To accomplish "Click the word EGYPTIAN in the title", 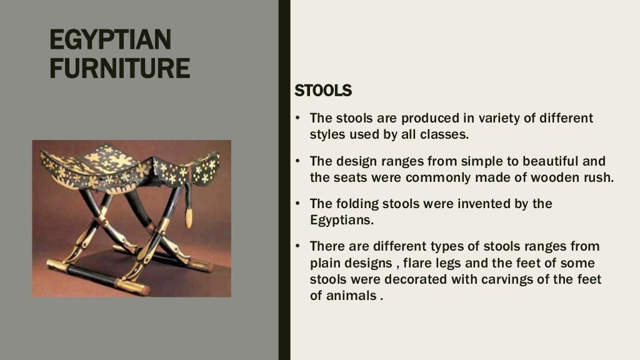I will click(109, 41).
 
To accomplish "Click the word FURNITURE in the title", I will click(119, 67).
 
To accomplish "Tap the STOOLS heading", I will click(323, 91).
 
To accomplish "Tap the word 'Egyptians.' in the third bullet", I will click(341, 220).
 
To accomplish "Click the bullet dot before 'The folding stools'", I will click(298, 204).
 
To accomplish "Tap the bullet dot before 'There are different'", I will click(298, 246).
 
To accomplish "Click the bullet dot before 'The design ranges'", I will click(298, 161).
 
